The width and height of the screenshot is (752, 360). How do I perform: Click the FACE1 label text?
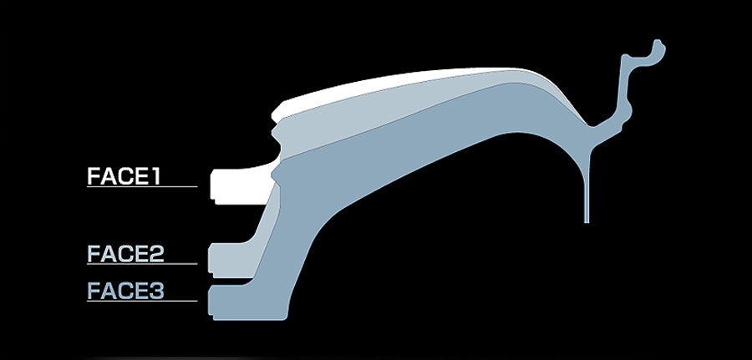[124, 176]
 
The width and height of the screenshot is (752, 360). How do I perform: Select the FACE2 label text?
[125, 254]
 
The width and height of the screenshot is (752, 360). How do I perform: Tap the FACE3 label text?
[125, 291]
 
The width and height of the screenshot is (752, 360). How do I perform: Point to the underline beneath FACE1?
[142, 186]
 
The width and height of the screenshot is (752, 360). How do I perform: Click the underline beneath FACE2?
[142, 264]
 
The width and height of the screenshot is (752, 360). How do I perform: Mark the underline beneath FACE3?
[142, 301]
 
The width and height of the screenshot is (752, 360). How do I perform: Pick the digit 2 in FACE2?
[156, 254]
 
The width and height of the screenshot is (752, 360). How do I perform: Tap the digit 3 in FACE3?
[156, 291]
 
